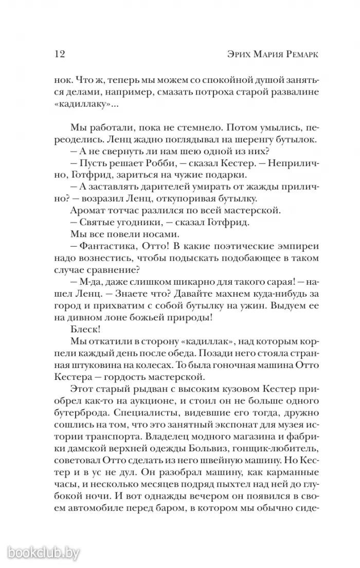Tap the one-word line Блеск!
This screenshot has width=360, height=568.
82,328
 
